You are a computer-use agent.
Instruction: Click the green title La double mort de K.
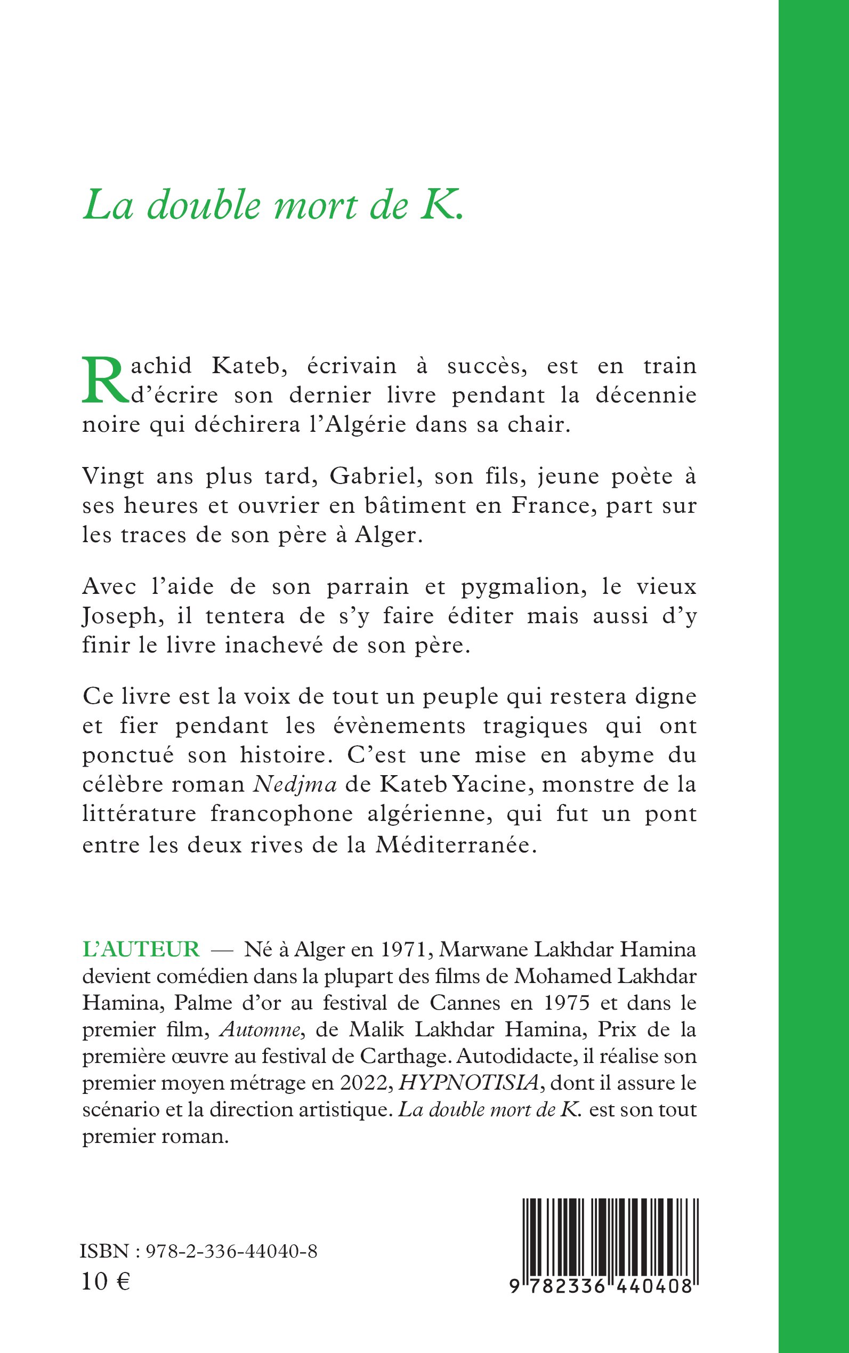click(273, 206)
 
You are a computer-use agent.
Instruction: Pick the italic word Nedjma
click(295, 784)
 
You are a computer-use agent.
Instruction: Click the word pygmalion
click(523, 587)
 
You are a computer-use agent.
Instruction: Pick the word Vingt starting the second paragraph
click(115, 476)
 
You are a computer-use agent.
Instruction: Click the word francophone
click(282, 814)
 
